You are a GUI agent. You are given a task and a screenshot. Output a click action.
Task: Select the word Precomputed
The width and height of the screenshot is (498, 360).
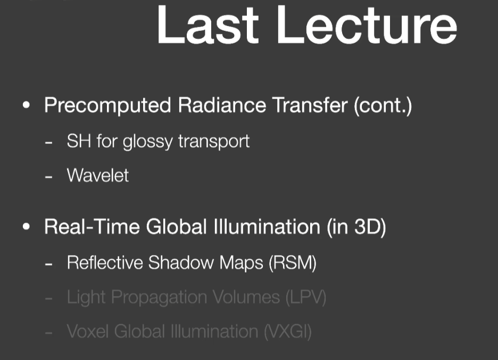click(x=107, y=105)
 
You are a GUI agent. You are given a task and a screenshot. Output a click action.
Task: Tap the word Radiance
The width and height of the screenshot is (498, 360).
click(x=222, y=105)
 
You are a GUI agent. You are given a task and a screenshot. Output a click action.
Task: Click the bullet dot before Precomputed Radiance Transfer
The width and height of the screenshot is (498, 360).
click(x=27, y=105)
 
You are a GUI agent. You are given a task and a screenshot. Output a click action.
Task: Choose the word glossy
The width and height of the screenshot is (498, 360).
click(x=148, y=142)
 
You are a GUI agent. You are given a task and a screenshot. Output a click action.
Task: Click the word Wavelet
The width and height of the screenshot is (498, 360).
click(x=98, y=175)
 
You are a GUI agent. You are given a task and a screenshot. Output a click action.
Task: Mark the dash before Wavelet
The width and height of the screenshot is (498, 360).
click(x=48, y=177)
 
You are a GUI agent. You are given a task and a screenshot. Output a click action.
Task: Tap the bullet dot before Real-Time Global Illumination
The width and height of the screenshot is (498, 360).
click(x=27, y=227)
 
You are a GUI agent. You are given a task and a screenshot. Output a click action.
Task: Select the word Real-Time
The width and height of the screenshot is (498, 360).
click(x=92, y=227)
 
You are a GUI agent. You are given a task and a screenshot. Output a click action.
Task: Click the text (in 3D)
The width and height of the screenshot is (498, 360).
click(x=356, y=227)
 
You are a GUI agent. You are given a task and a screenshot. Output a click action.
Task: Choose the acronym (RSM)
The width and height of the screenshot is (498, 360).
click(x=293, y=263)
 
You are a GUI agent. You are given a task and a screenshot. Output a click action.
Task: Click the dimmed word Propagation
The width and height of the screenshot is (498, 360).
click(x=159, y=298)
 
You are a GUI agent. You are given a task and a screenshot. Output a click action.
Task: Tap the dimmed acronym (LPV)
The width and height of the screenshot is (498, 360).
click(x=306, y=298)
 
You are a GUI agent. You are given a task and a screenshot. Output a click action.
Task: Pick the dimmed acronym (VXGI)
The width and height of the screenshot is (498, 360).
click(x=288, y=332)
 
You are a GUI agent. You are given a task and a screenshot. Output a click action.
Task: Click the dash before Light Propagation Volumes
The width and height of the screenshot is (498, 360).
click(x=48, y=299)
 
